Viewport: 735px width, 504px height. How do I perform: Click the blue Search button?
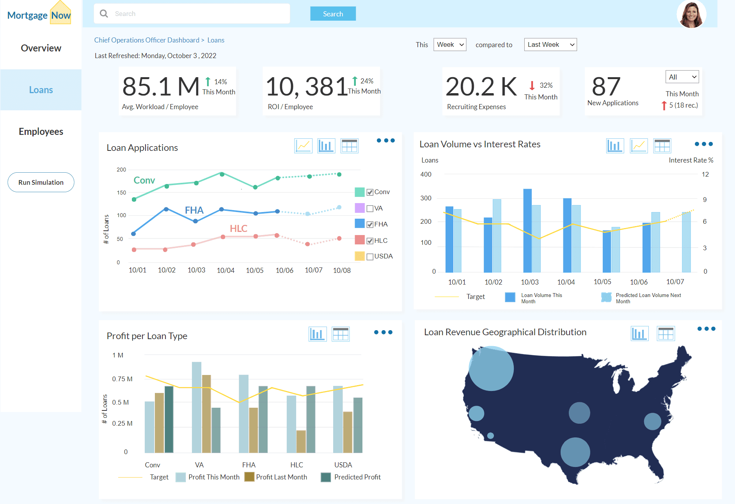click(333, 14)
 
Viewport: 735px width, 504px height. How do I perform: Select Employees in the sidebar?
click(41, 132)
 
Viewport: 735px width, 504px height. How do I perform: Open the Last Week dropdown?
click(550, 44)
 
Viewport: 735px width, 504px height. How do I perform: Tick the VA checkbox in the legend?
click(370, 209)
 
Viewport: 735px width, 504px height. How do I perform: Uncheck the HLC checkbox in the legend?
click(370, 241)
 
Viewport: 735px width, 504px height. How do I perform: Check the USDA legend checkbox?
click(370, 257)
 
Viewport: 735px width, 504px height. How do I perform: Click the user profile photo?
click(691, 14)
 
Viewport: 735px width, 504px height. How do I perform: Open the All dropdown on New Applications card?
click(682, 77)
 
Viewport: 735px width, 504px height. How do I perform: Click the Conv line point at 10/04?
click(222, 174)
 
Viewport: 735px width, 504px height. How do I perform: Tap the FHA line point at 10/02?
click(166, 209)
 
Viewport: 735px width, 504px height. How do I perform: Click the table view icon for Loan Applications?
click(349, 146)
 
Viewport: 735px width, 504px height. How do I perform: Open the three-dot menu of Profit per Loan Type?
click(383, 332)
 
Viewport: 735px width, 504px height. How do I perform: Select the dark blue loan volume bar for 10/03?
click(527, 230)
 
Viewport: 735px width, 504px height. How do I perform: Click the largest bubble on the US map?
click(491, 368)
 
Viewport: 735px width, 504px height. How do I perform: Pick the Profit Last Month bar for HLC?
click(301, 441)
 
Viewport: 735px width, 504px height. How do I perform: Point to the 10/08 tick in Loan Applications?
click(342, 270)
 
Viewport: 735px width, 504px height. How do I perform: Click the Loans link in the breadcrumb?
click(216, 40)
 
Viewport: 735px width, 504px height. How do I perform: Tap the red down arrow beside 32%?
click(532, 85)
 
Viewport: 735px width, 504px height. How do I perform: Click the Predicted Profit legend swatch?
click(326, 477)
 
